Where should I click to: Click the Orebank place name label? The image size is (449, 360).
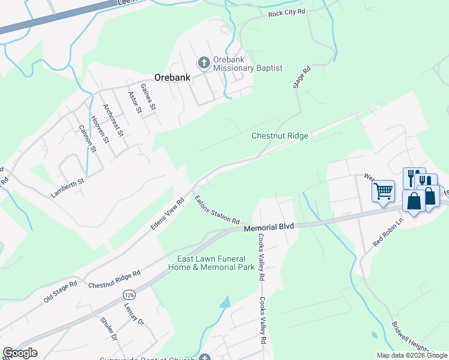(x=172, y=77)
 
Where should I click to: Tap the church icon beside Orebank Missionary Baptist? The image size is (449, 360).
(x=203, y=62)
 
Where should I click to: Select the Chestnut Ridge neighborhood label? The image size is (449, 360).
(x=280, y=136)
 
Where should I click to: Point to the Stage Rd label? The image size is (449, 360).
(x=302, y=78)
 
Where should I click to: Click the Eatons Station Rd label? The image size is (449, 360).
(x=217, y=209)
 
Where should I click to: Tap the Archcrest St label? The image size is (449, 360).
(x=112, y=120)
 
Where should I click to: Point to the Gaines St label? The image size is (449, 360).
(x=148, y=97)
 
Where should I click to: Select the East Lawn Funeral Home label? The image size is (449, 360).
(x=211, y=263)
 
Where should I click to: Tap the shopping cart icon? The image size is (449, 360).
(x=383, y=192)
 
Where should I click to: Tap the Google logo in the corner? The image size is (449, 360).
(x=20, y=353)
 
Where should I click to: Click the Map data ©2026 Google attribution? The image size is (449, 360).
(x=412, y=355)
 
